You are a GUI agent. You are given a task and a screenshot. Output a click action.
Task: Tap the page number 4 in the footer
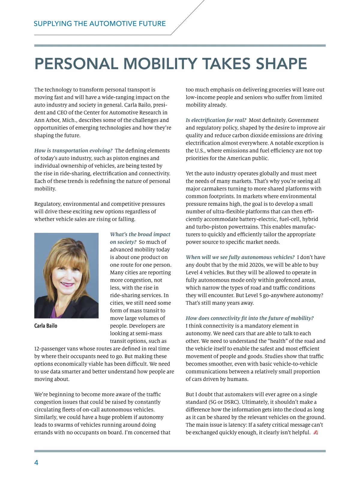[x=36, y=463]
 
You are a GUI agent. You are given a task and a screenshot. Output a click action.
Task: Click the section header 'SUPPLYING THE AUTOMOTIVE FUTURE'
[x=100, y=24]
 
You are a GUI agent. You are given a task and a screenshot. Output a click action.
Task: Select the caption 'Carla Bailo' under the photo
[x=46, y=326]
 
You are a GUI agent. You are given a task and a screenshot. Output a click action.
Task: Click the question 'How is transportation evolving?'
[x=73, y=151]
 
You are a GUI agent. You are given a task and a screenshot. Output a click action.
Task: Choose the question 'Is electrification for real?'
[x=216, y=120]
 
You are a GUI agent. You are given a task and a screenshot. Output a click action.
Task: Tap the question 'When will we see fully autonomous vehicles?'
[x=240, y=257]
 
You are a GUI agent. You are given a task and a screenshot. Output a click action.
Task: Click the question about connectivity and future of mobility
[x=250, y=318]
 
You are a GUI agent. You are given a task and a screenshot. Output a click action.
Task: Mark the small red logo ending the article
[x=315, y=433]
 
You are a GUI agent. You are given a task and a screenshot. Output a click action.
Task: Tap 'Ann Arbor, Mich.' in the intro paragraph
[x=55, y=120]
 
